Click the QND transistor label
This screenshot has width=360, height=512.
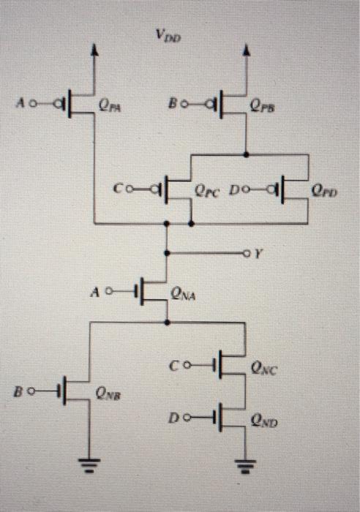pos(264,421)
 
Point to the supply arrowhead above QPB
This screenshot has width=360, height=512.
pos(245,50)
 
